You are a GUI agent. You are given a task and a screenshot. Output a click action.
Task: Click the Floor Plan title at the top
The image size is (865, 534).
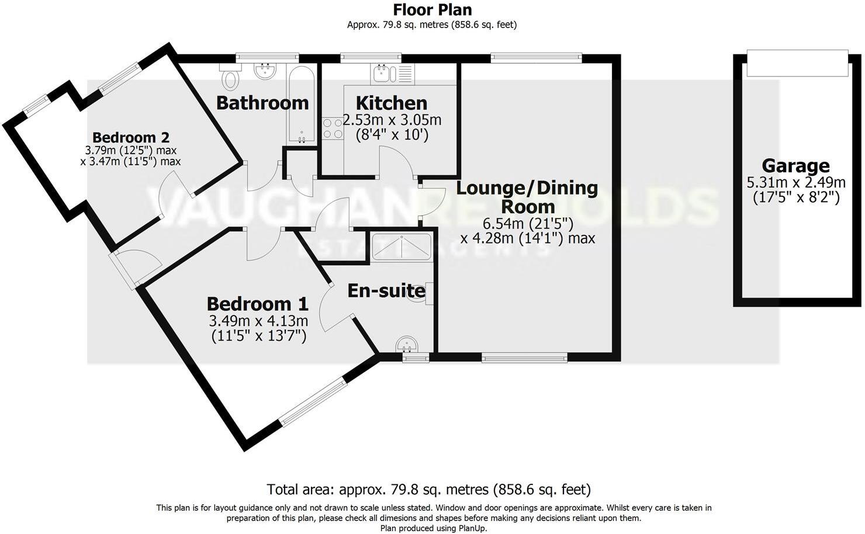pos(432,10)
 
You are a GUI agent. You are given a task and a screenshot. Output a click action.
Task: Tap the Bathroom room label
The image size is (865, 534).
pos(262,103)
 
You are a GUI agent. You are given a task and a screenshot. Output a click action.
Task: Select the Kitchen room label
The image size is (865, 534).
pos(392,103)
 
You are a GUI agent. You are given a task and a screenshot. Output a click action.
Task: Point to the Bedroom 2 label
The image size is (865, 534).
pos(131,138)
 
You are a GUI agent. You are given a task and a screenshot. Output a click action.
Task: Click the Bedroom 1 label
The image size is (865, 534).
pos(257,304)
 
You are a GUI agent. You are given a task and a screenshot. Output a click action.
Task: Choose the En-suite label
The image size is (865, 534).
pos(386,290)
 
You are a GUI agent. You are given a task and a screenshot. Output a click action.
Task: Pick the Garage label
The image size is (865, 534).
pos(795,166)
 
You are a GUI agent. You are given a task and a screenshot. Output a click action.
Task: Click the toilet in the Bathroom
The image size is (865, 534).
pos(231,76)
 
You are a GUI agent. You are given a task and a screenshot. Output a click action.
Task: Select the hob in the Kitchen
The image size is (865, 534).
pos(333,129)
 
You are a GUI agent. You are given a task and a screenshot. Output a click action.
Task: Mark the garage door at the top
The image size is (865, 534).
pos(797,63)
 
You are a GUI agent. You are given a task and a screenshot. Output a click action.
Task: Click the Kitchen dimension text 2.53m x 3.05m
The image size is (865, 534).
pos(392,120)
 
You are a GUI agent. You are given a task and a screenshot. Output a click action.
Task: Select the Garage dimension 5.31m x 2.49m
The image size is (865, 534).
pos(795,183)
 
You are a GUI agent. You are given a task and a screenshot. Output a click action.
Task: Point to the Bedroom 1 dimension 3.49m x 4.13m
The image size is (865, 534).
pos(258,321)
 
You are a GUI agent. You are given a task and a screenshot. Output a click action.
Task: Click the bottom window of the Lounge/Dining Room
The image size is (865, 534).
pos(524,358)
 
